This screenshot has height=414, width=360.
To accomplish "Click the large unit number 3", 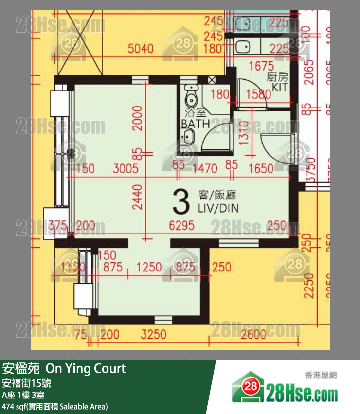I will coord(180,202).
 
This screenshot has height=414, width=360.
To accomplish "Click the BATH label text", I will coord(195,124).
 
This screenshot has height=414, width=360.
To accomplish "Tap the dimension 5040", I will coord(141,48).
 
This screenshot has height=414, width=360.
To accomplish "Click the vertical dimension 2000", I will coord(139,118).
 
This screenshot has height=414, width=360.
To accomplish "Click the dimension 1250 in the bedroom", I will coord(148,267).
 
